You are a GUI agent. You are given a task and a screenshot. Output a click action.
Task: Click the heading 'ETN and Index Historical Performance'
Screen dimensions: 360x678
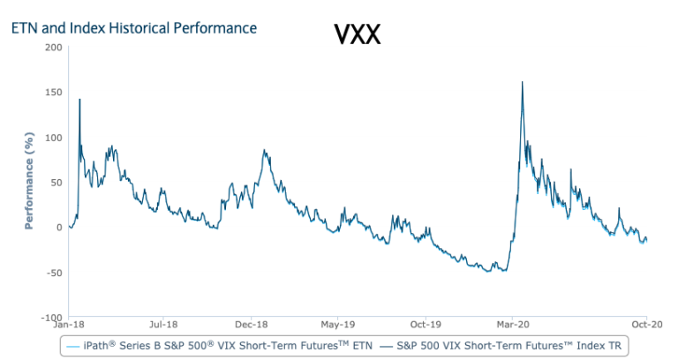[x=133, y=28]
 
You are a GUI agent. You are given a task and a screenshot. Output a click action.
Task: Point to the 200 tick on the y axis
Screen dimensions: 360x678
[x=52, y=47]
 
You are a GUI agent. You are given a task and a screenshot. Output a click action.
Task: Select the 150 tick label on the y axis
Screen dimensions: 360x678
[x=52, y=92]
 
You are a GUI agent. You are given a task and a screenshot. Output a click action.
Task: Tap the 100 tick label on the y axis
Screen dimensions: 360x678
[x=52, y=137]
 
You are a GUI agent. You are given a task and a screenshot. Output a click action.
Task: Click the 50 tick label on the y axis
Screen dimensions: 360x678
[x=55, y=182]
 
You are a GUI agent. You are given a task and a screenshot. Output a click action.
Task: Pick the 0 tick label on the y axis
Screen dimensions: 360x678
[x=57, y=227]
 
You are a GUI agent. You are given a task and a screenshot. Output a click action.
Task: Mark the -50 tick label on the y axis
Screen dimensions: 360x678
[x=53, y=272]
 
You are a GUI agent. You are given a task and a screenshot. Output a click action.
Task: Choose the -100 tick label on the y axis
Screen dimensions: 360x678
[x=50, y=317]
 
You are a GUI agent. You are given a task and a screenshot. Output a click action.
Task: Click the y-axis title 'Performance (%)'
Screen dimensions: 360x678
[x=29, y=182]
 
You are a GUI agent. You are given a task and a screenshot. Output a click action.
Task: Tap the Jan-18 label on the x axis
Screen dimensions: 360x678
[x=70, y=324]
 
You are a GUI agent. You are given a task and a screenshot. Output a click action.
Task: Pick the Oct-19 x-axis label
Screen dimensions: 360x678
[x=426, y=324]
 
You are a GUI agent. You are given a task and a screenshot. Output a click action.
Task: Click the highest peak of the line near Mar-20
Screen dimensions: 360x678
[x=523, y=82]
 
